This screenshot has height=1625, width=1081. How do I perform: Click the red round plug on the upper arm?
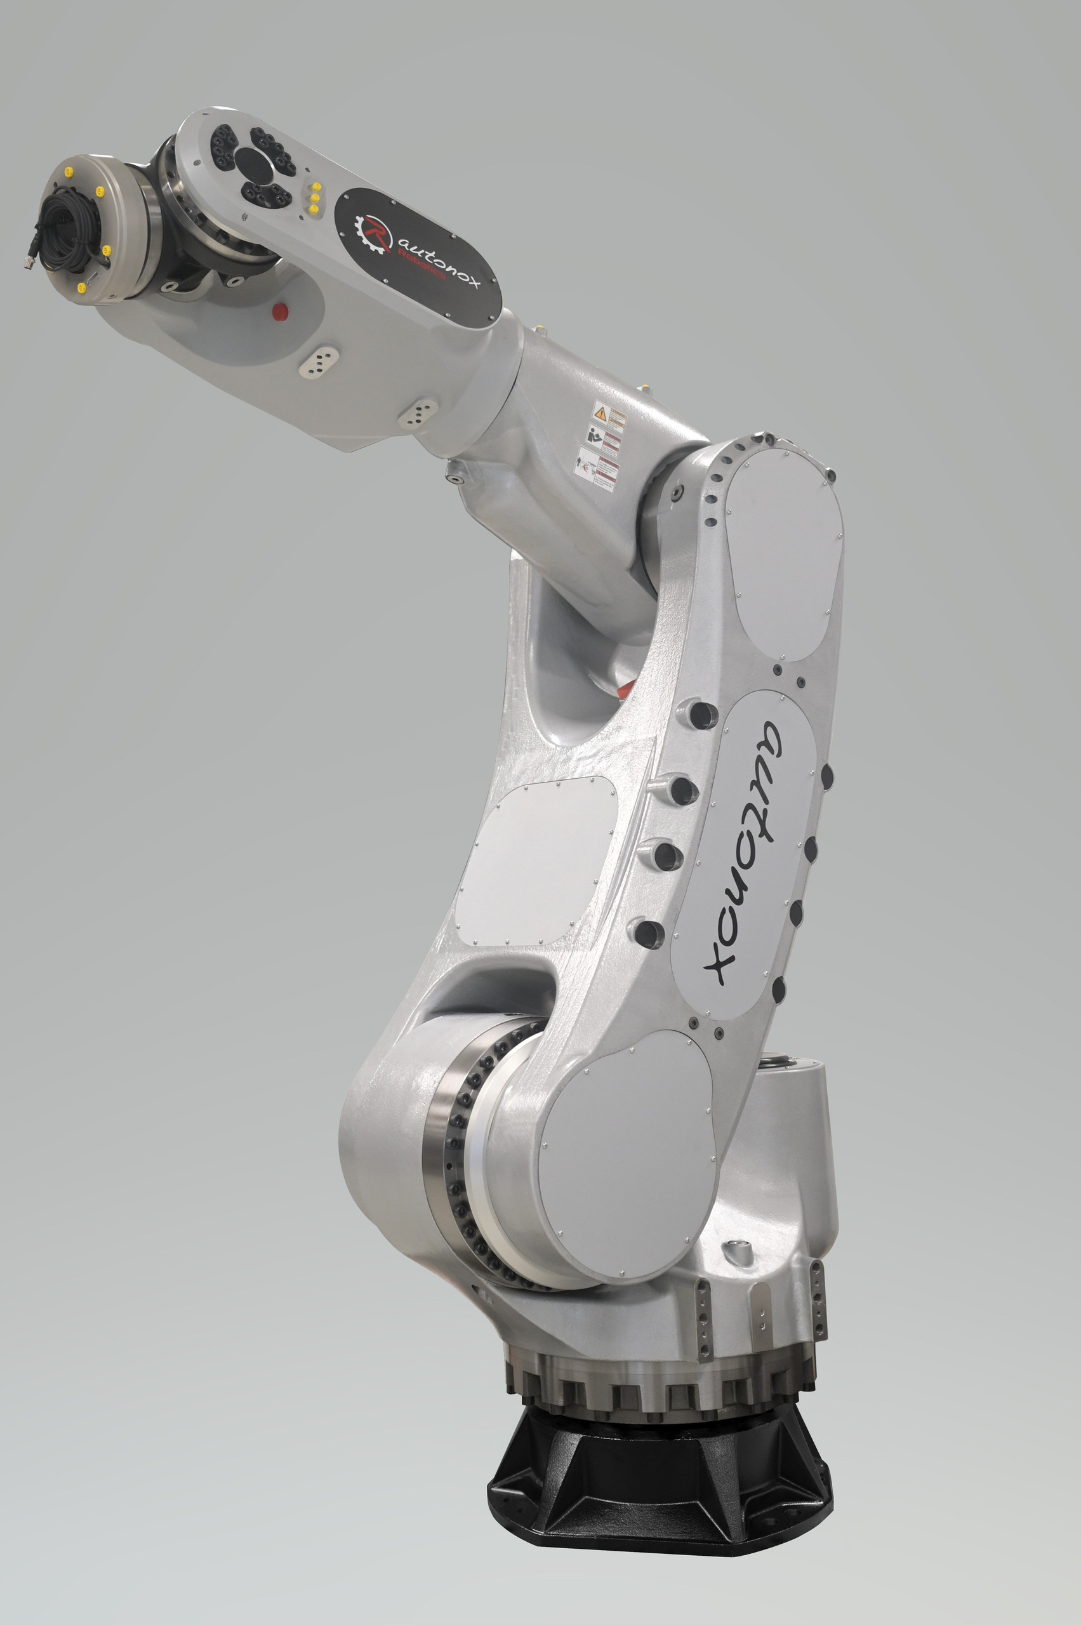coord(279,311)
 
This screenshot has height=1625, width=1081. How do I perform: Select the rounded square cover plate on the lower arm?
coord(536,862)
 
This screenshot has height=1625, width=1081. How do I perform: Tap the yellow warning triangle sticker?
coord(600,415)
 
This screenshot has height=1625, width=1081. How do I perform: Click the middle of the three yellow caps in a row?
coord(315,197)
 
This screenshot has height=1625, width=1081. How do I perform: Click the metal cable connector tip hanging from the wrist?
coord(29,262)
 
